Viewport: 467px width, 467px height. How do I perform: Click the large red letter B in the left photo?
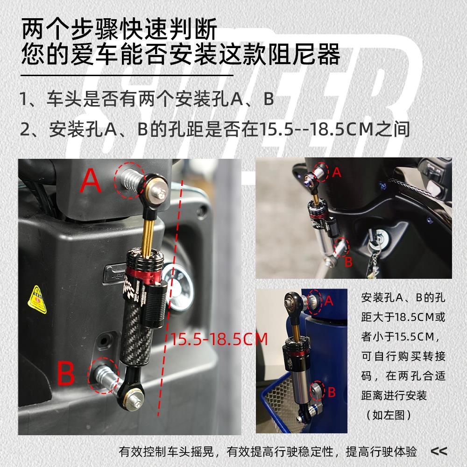65,373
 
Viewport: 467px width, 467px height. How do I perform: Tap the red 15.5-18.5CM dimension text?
219,339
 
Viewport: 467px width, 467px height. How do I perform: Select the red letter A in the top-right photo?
337,172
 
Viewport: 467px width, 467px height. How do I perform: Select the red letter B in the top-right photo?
348,262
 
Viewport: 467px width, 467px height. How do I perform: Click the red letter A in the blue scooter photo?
328,301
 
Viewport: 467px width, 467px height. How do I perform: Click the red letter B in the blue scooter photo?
332,392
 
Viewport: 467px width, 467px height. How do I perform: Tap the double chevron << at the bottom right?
439,451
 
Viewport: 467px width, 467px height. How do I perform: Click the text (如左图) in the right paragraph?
389,415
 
